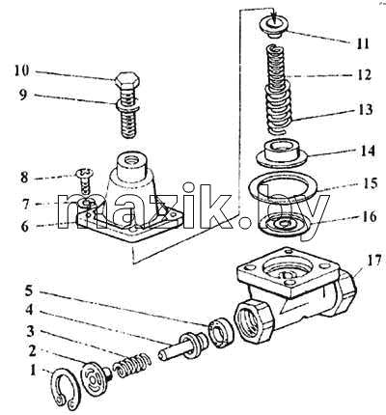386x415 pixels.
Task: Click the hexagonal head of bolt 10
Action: click(126, 81)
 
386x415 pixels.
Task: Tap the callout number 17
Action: click(373, 260)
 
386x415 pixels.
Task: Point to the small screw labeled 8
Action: click(84, 182)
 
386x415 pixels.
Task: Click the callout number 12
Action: click(364, 75)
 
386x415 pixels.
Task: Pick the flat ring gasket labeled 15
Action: click(283, 187)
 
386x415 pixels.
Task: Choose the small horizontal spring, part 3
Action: click(132, 365)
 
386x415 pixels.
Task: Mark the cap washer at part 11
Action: click(273, 27)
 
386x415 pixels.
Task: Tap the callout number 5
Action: click(29, 290)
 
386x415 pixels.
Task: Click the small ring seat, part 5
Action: click(221, 332)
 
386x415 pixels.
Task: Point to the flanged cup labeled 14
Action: click(281, 153)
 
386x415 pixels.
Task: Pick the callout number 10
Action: click(21, 70)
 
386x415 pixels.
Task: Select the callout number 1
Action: click(33, 371)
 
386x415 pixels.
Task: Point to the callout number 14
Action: click(367, 151)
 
